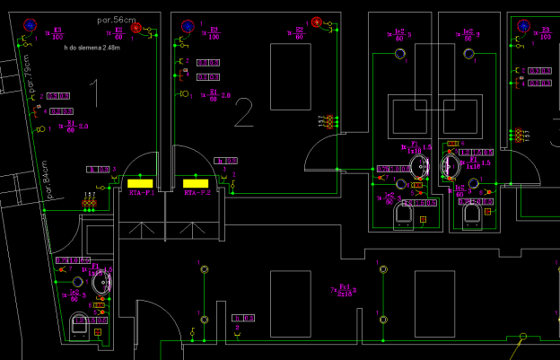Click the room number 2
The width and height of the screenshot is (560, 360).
243,113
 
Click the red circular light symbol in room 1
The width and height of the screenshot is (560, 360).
136,29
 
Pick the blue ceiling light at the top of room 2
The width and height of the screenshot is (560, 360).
188,26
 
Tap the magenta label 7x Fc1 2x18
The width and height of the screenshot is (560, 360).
343,290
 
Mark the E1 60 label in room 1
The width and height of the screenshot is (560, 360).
73,127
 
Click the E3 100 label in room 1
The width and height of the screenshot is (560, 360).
57,33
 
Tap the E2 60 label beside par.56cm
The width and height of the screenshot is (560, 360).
118,33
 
